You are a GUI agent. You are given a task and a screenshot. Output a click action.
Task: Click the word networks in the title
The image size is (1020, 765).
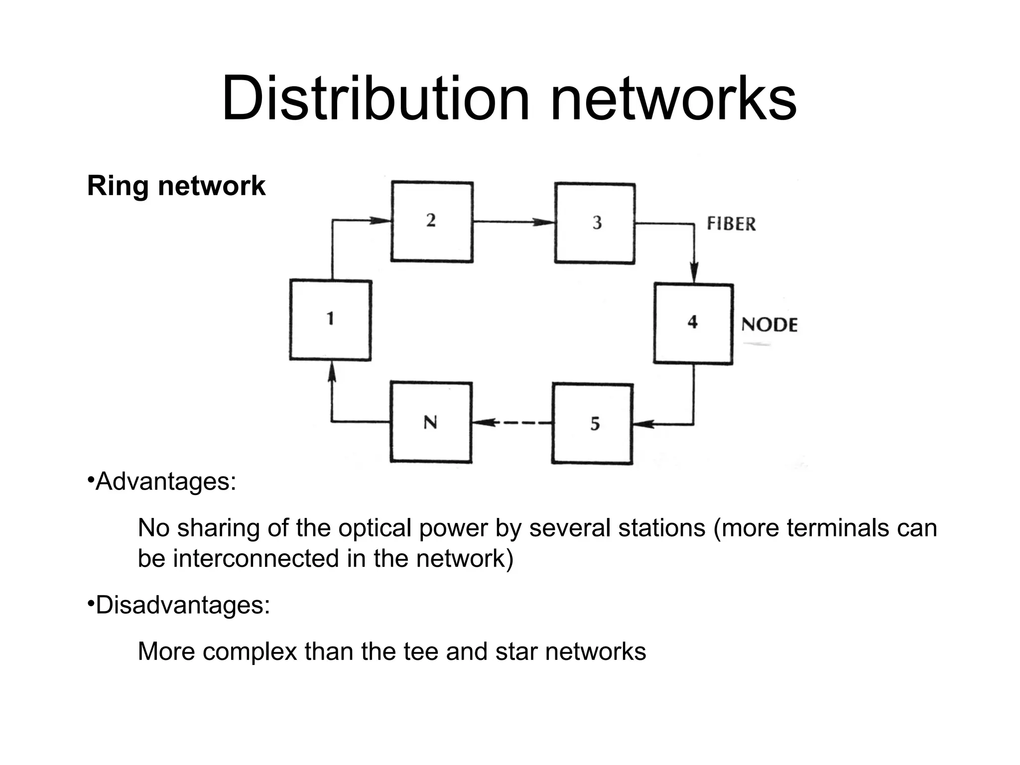673,98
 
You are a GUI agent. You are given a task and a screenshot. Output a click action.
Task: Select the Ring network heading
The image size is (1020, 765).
176,186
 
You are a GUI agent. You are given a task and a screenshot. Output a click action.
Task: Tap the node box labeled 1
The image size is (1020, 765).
330,320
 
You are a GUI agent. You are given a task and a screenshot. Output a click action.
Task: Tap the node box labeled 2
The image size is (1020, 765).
432,222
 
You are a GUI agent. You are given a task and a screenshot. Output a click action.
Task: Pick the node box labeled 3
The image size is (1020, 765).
595,223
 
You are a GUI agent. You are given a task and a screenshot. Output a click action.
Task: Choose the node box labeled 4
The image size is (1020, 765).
693,324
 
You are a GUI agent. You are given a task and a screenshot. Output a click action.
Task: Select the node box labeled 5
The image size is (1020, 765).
592,423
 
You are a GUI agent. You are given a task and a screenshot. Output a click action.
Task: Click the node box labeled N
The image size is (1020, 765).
431,422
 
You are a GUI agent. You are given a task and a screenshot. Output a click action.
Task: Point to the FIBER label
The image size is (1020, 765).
731,224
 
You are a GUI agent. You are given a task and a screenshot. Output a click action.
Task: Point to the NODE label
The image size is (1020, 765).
769,325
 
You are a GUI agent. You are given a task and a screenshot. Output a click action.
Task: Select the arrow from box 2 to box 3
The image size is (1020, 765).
513,222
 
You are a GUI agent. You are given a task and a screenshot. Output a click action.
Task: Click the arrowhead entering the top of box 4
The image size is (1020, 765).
694,274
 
